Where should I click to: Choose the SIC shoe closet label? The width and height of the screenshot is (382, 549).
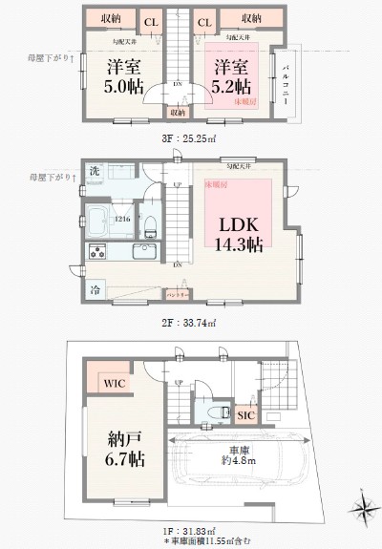244,414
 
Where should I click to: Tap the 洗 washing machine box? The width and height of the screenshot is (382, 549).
95,171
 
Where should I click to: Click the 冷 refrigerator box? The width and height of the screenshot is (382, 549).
95,287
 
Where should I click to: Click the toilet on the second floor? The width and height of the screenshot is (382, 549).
151,224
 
